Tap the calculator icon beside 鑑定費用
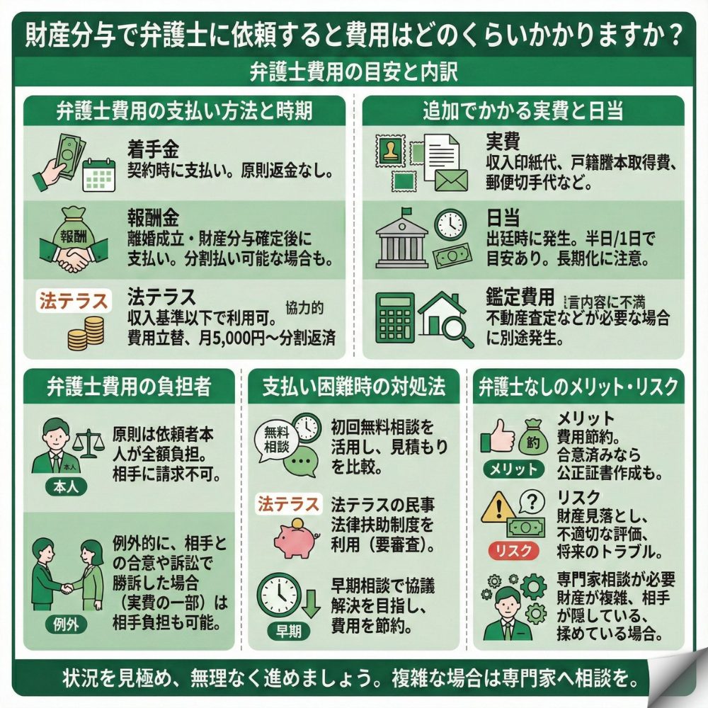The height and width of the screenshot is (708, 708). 394,316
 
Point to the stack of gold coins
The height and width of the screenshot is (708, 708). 86,333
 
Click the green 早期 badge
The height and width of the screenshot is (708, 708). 286,632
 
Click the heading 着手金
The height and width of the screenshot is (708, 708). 153,149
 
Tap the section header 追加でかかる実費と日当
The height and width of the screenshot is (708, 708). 523,111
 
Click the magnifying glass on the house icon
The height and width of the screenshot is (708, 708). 459,330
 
